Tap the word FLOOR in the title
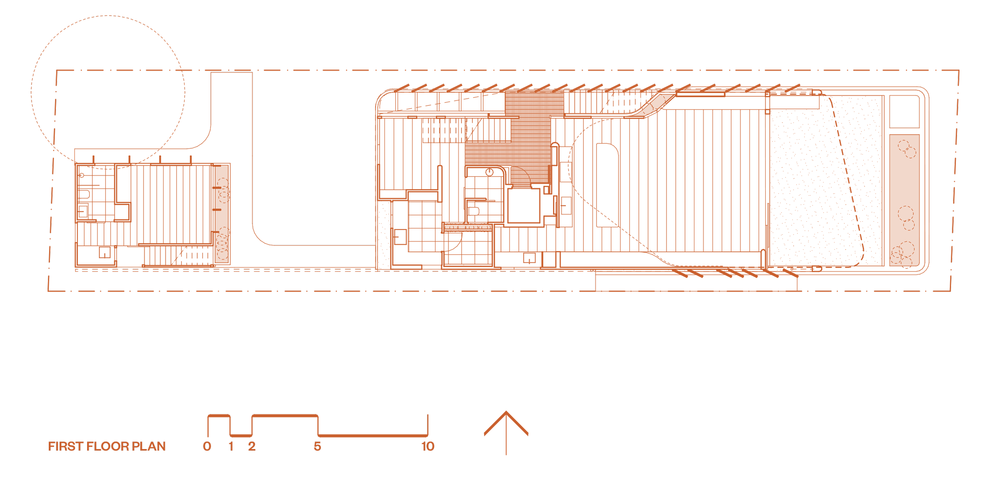pyautogui.click(x=108, y=446)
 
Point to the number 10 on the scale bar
pyautogui.click(x=428, y=446)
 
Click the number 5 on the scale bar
pyautogui.click(x=317, y=446)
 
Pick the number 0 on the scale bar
pyautogui.click(x=207, y=446)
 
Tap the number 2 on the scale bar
pyautogui.click(x=251, y=446)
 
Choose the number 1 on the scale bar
pyautogui.click(x=231, y=446)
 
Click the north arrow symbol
pyautogui.click(x=506, y=435)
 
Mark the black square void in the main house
pyautogui.click(x=523, y=205)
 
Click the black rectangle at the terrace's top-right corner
pyautogui.click(x=904, y=112)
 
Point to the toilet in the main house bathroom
pyautogui.click(x=474, y=211)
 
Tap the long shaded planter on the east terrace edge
pyautogui.click(x=904, y=200)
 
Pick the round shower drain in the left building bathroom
pyautogui.click(x=82, y=175)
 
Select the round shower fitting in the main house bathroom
pyautogui.click(x=490, y=172)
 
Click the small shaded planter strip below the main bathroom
pyautogui.click(x=468, y=227)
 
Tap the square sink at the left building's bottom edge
pyautogui.click(x=105, y=252)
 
